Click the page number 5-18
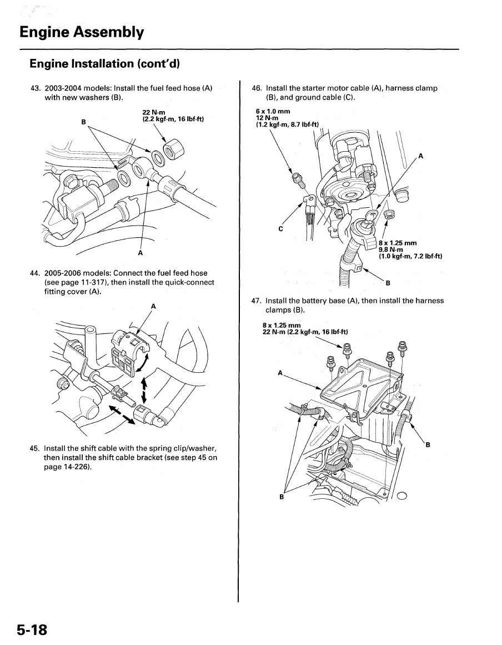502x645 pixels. tap(32, 629)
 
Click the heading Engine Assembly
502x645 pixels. tap(82, 32)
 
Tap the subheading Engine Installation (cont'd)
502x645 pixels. tap(105, 64)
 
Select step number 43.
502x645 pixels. tap(36, 88)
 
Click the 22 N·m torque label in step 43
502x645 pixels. tap(154, 113)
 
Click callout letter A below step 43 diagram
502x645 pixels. tap(140, 253)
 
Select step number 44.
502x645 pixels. tap(36, 273)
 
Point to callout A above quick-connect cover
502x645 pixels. tap(153, 306)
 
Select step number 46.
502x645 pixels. tap(257, 88)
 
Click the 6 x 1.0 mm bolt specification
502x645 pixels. tap(273, 112)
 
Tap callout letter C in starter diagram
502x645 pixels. tap(280, 228)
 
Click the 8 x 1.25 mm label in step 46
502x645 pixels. tap(398, 243)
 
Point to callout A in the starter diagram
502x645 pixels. tap(420, 156)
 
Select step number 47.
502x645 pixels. tap(257, 301)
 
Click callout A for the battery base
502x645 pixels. tap(280, 372)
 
